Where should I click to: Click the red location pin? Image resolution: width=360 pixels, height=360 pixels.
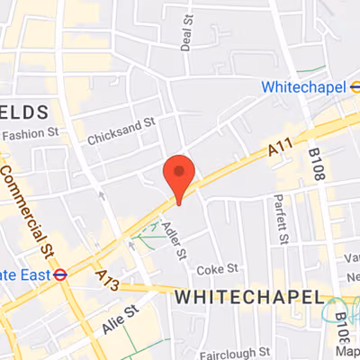coord(178,175)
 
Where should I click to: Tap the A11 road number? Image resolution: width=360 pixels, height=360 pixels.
coord(282,157)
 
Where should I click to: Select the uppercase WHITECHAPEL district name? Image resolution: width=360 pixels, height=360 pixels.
coord(248,296)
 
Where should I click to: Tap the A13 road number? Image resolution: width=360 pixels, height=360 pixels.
coord(104,280)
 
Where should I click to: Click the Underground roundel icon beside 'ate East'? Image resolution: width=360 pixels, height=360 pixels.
coord(60,274)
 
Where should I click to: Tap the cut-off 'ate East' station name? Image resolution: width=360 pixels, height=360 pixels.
coord(24,274)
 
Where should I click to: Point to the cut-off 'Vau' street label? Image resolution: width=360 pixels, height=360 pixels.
coord(352,256)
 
